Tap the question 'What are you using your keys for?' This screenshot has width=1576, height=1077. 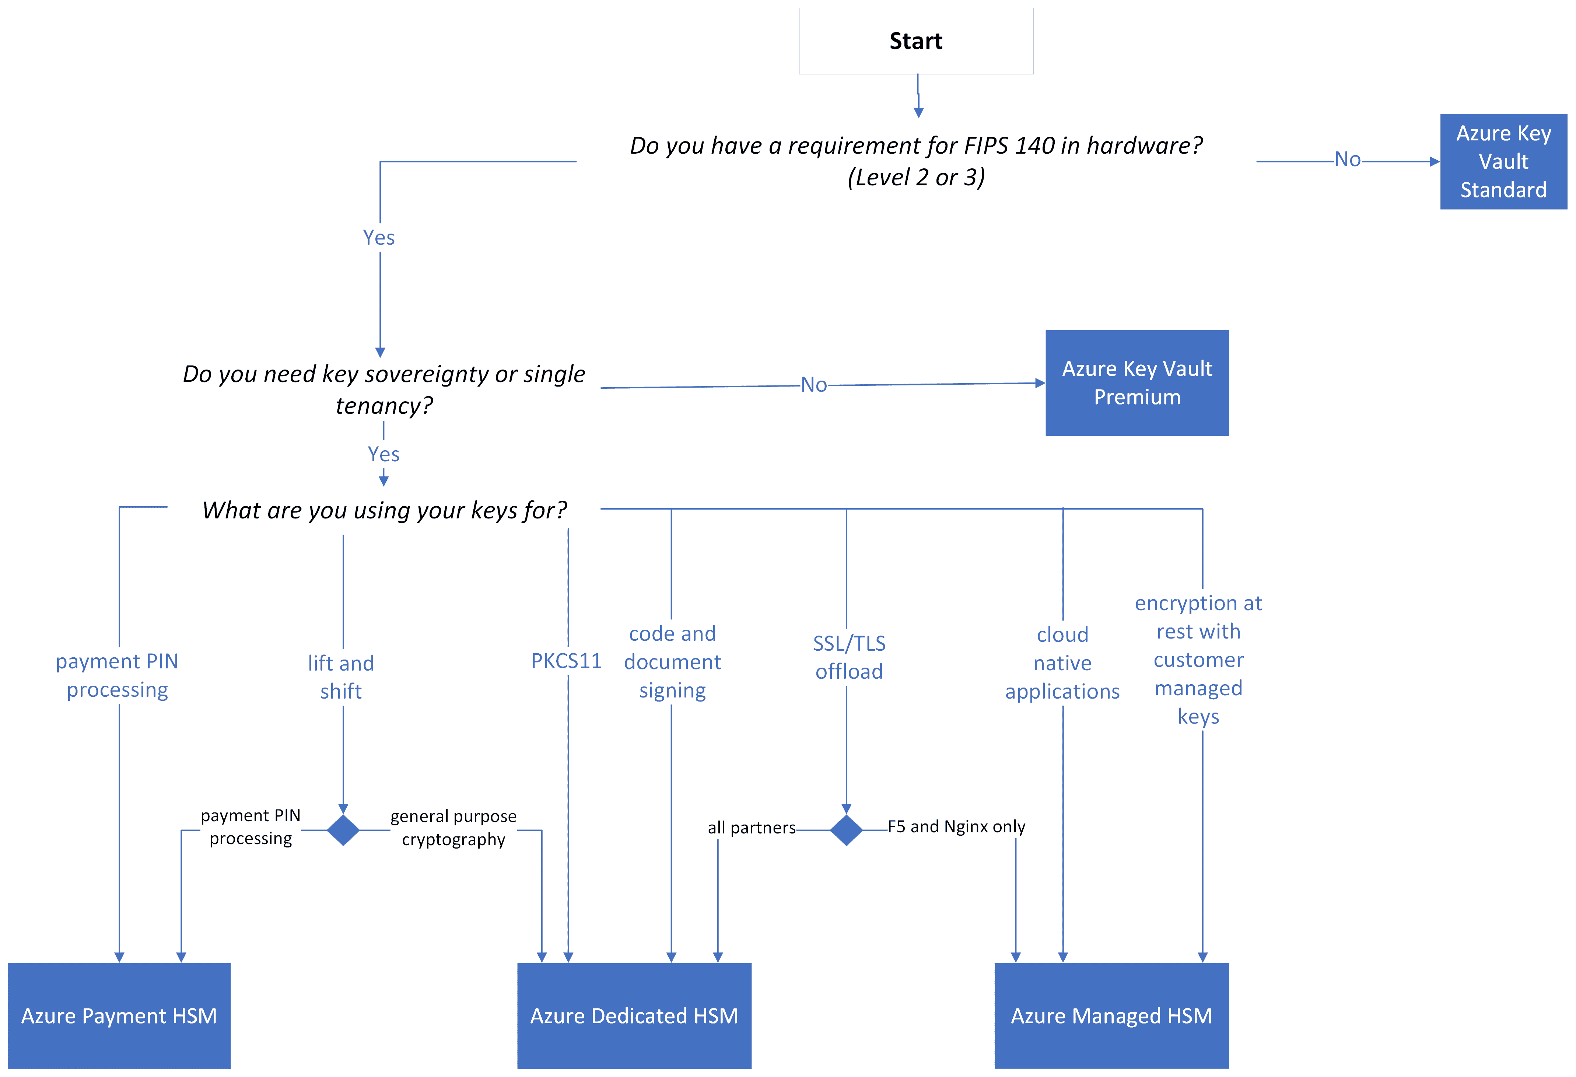pos(384,510)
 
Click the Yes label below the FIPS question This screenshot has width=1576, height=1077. pos(378,237)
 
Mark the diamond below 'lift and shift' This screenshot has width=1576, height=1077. pos(343,830)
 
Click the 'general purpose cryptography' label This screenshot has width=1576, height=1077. pos(453,828)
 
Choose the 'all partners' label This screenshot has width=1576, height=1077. pos(752,828)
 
